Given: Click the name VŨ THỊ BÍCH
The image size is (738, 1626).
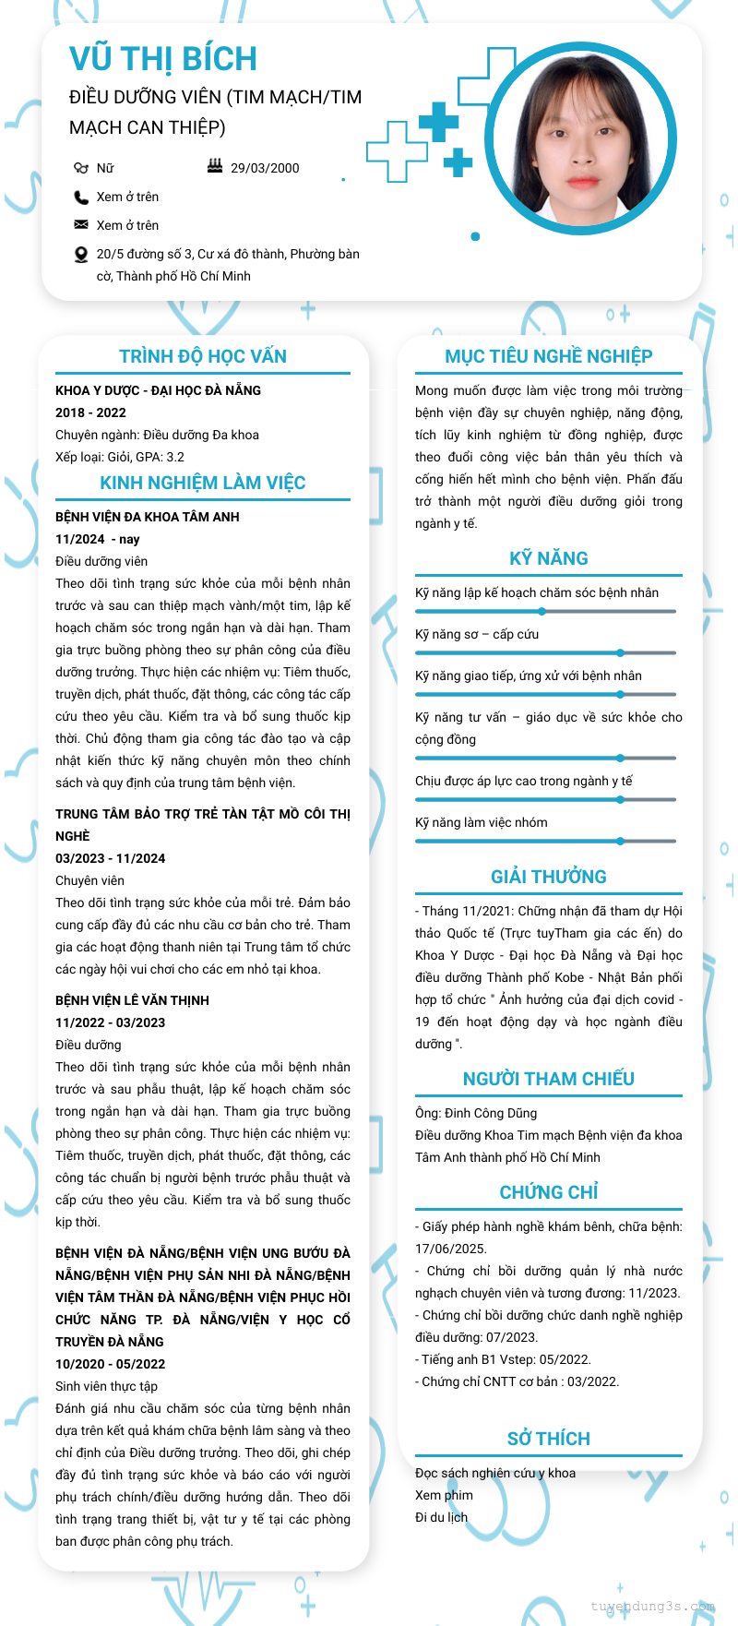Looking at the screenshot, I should [163, 59].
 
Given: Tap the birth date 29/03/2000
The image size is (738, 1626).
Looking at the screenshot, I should [265, 168].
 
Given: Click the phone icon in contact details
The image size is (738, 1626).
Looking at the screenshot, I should [81, 197].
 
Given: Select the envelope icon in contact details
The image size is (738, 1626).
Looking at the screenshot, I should [81, 225].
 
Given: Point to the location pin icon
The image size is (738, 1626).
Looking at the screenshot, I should [81, 255].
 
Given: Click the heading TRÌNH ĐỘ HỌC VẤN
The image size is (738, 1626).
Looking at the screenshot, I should [203, 356].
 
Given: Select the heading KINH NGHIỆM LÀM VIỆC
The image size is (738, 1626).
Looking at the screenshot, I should [203, 483].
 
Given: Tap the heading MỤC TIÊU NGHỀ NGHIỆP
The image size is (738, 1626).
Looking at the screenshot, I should [549, 356].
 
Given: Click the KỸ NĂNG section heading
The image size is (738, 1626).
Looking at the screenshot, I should [549, 558].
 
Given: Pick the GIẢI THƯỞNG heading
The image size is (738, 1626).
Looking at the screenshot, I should [549, 877].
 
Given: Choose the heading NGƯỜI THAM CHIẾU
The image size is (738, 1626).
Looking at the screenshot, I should [549, 1079].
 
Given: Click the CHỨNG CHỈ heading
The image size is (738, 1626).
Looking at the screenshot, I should [549, 1192].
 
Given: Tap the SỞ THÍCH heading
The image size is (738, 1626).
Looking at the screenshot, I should [549, 1439].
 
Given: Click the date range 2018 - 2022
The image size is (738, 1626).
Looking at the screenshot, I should [90, 412].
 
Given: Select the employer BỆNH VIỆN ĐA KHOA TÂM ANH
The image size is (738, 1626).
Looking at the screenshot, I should [148, 517].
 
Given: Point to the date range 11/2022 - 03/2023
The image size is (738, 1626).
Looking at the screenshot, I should [111, 1022].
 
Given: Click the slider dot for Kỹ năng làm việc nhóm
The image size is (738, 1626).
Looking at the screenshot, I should [621, 841].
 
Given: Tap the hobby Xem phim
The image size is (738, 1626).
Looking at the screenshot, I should [444, 1495].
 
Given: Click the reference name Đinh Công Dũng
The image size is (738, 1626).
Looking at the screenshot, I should [491, 1113].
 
